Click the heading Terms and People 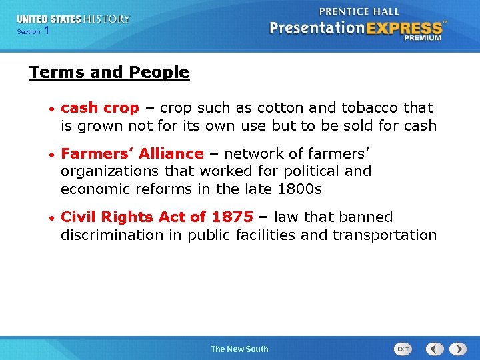(x=109, y=72)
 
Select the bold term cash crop (x=100, y=107)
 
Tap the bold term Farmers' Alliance (x=132, y=153)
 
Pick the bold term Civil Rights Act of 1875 (x=157, y=217)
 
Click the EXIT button (x=403, y=349)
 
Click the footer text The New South (x=239, y=349)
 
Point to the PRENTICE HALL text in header (x=359, y=11)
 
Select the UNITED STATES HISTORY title (x=73, y=19)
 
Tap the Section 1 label (x=33, y=31)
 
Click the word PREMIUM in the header (x=423, y=39)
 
